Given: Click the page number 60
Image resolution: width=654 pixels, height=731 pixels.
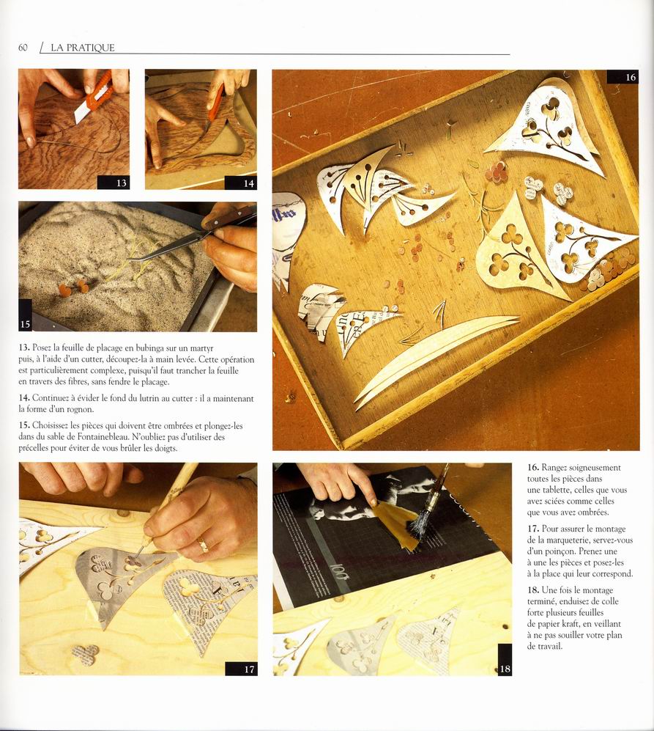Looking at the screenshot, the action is click(x=23, y=48).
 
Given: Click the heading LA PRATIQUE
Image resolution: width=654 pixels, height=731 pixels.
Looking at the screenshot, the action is click(x=83, y=48).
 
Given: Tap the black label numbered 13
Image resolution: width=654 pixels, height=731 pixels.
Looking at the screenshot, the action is click(x=114, y=183).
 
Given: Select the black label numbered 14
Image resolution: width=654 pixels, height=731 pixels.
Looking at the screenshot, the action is click(x=241, y=183).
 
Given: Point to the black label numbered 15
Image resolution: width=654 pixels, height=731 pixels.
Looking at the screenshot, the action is click(x=25, y=315).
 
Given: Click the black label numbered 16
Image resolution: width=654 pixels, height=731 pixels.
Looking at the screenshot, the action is click(x=623, y=77).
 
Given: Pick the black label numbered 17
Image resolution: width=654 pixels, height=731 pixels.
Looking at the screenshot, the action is click(x=241, y=669).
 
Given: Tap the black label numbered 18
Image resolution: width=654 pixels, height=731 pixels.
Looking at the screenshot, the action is click(x=505, y=660).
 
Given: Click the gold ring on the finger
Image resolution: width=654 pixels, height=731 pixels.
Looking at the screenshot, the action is click(x=203, y=545).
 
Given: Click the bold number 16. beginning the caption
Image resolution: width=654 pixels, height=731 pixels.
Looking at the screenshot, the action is click(x=533, y=468).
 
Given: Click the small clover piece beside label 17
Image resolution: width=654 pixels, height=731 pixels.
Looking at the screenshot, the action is click(x=86, y=654).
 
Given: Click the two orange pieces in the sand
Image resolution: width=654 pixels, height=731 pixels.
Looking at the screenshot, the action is click(x=73, y=287).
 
